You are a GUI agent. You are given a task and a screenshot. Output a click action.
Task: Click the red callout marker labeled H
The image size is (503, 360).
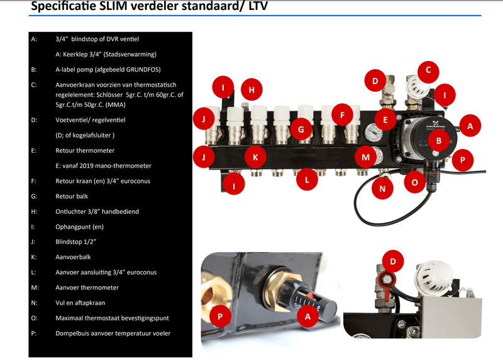tap(251, 89)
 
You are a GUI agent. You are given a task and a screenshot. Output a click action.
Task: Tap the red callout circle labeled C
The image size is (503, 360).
tap(428, 70)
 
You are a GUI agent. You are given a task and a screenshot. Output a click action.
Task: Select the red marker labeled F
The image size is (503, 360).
tap(342, 114)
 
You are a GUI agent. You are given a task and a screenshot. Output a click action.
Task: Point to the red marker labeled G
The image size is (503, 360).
tap(301, 129)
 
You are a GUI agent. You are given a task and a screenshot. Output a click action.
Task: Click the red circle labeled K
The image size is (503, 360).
tap(255, 157)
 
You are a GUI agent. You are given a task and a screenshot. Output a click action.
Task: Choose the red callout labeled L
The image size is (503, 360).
tap(307, 180)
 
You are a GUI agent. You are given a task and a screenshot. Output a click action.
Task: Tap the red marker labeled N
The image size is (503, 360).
tap(382, 188)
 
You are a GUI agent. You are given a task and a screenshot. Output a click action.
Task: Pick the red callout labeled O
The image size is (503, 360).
tap(414, 182)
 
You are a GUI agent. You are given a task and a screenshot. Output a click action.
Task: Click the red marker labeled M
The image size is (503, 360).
tap(366, 157)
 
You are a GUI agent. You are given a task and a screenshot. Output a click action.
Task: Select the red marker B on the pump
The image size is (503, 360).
tap(439, 140)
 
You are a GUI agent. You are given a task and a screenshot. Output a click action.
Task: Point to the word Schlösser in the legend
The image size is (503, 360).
tap(109, 95)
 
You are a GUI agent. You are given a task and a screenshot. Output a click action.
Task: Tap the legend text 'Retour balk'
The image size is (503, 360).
tap(72, 196)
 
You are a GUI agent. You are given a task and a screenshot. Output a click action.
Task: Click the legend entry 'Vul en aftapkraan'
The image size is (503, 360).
tap(80, 303)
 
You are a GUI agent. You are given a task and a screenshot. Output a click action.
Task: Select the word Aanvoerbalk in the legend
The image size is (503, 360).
tap(73, 257)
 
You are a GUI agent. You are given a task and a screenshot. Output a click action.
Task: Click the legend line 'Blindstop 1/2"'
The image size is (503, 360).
tap(76, 242)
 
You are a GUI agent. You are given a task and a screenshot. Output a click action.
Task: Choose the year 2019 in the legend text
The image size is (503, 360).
tap(90, 166)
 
